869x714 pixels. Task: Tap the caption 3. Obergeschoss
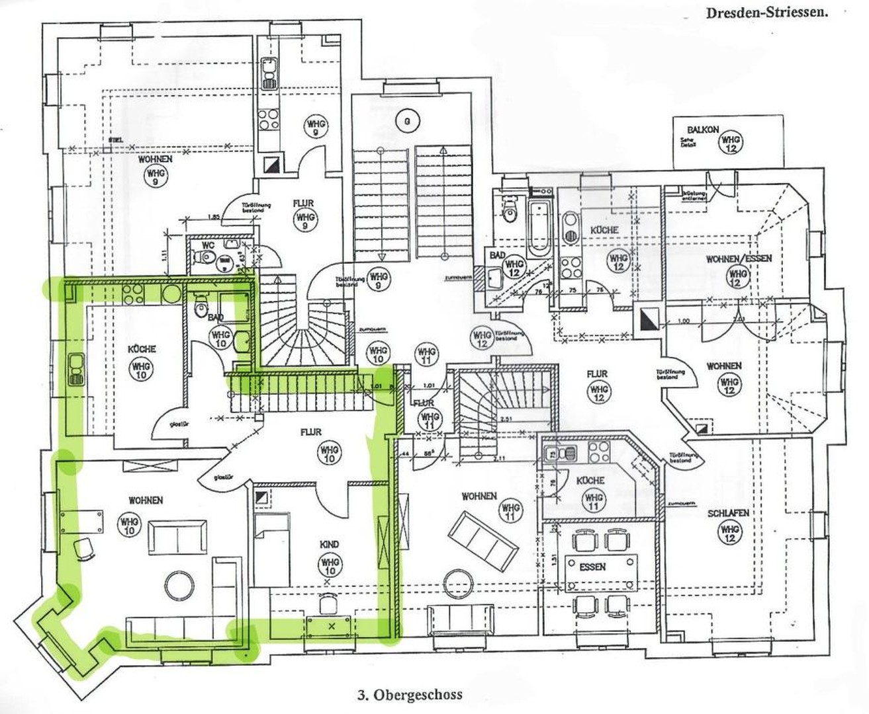pyautogui.click(x=410, y=695)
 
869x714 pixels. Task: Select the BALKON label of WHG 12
pyautogui.click(x=702, y=130)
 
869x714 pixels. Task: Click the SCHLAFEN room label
pyautogui.click(x=728, y=513)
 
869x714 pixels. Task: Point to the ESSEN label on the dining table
pyautogui.click(x=592, y=567)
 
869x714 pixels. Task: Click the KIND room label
pyautogui.click(x=329, y=544)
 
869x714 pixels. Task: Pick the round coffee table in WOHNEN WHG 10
pyautogui.click(x=179, y=585)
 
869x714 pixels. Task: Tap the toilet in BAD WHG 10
pyautogui.click(x=201, y=307)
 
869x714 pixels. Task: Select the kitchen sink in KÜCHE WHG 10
pyautogui.click(x=76, y=369)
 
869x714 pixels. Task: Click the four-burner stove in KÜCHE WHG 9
pyautogui.click(x=269, y=119)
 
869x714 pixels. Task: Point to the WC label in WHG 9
pyautogui.click(x=208, y=245)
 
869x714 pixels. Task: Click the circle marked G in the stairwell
pyautogui.click(x=408, y=120)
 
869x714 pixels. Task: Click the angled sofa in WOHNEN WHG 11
pyautogui.click(x=482, y=541)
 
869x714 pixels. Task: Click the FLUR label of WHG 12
pyautogui.click(x=597, y=374)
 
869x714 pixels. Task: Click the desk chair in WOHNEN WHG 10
pyautogui.click(x=85, y=548)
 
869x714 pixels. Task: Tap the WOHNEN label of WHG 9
pyautogui.click(x=155, y=159)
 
